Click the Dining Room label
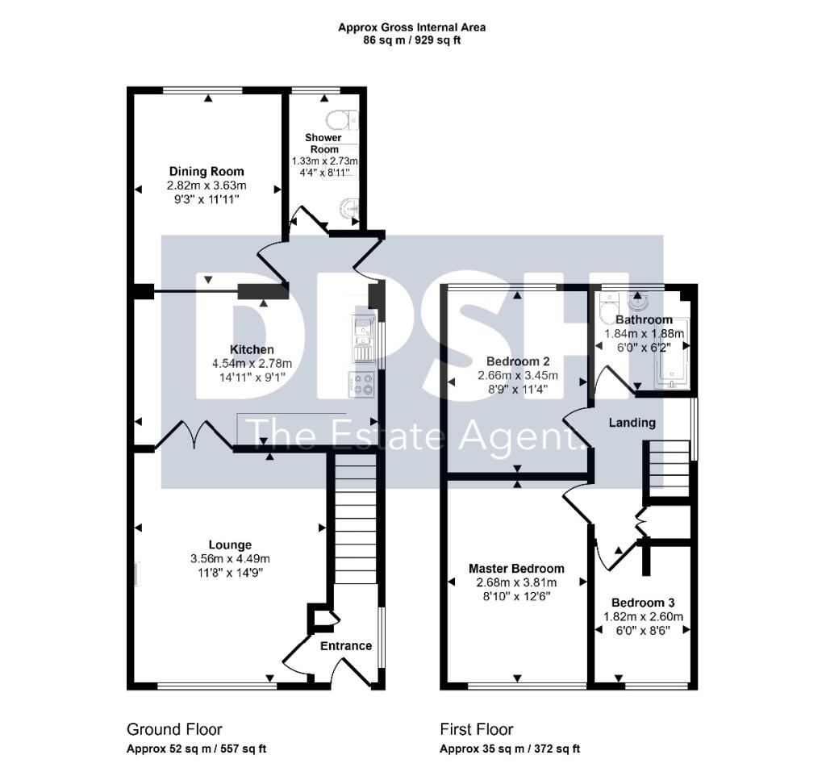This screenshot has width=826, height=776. click(x=206, y=171)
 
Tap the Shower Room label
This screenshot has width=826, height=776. click(x=323, y=144)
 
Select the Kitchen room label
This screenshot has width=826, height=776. click(x=252, y=349)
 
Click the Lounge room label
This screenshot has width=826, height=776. click(x=229, y=544)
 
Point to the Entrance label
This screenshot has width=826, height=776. click(x=346, y=645)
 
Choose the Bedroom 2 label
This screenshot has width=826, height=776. click(x=516, y=361)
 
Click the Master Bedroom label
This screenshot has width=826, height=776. click(x=516, y=568)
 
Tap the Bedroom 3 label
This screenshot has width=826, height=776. click(x=643, y=603)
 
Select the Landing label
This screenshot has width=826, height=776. click(x=632, y=422)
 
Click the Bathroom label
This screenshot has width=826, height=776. click(x=644, y=319)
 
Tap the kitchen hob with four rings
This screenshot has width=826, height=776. click(x=362, y=383)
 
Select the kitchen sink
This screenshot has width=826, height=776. click(x=362, y=339)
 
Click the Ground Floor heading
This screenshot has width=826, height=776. click(x=174, y=729)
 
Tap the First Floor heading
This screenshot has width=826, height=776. click(x=476, y=729)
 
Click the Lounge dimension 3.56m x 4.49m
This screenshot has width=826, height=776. click(x=229, y=558)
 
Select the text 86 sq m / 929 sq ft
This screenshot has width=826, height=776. click(x=411, y=40)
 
